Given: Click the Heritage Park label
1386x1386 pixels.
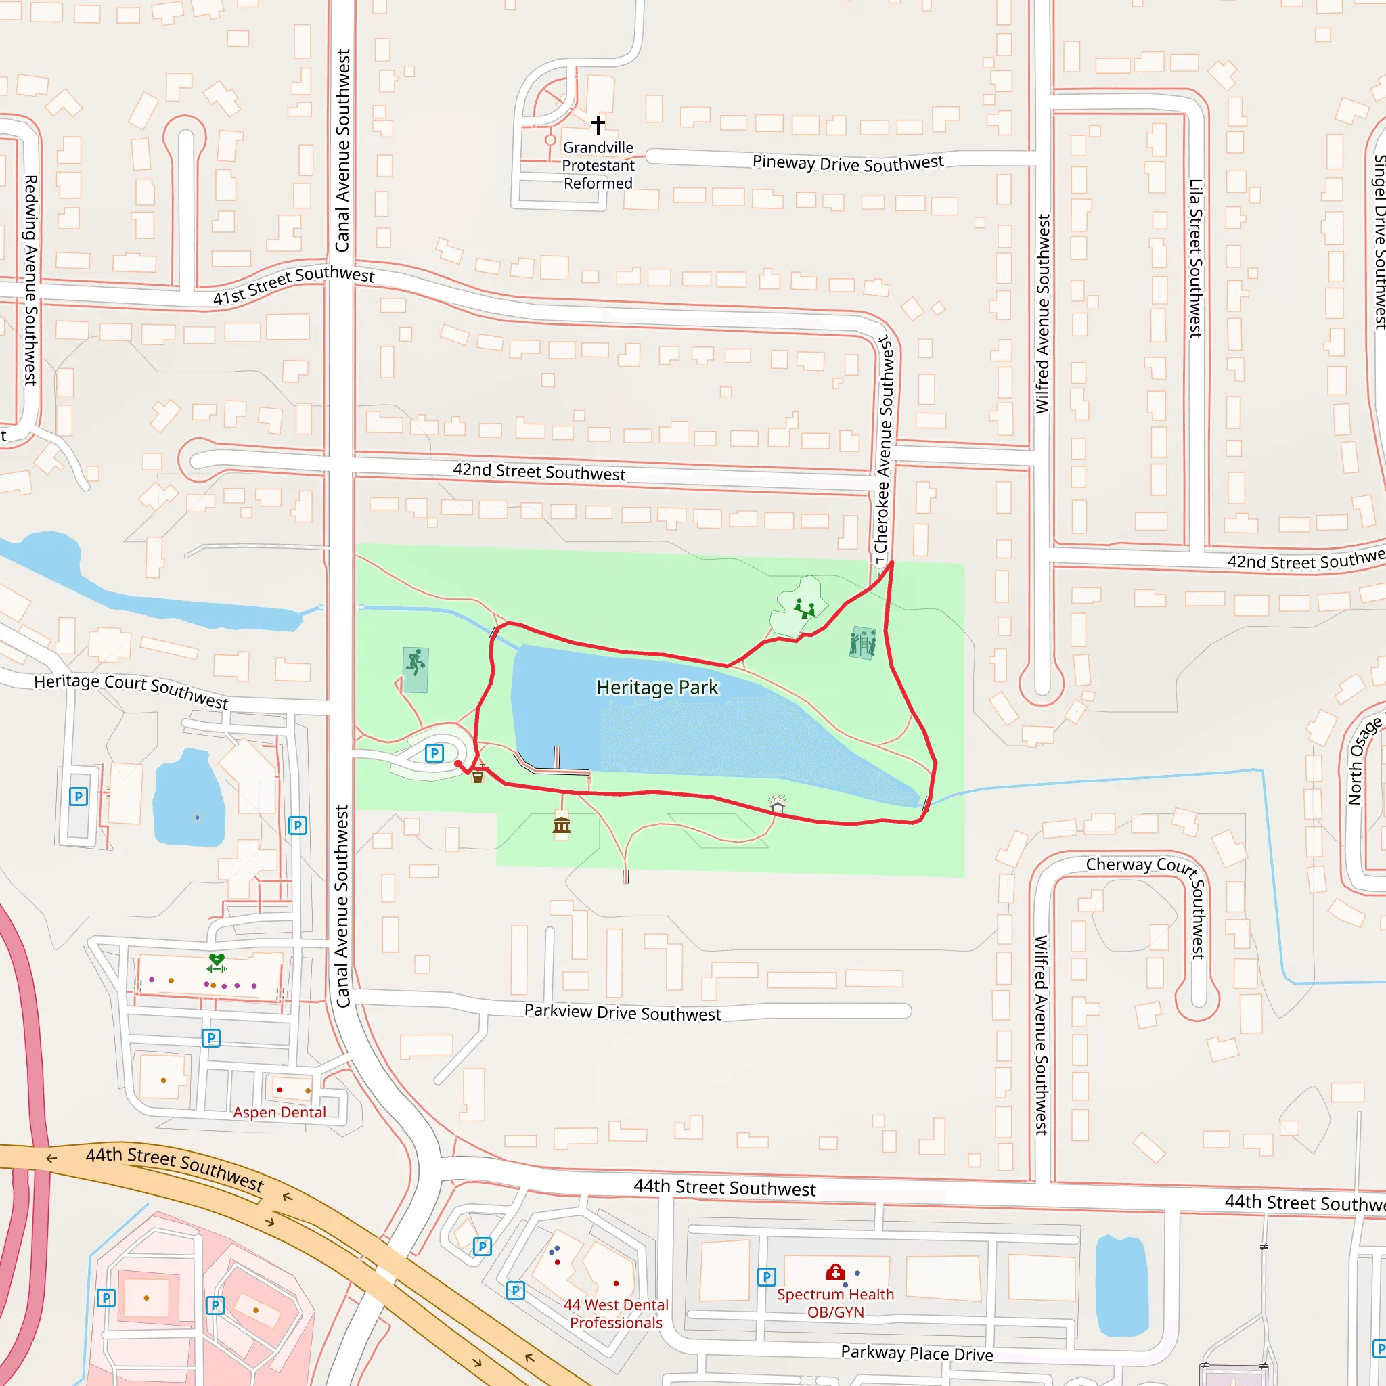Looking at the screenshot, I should pos(656,688).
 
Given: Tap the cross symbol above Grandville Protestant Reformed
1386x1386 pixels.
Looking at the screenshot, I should pos(598,125).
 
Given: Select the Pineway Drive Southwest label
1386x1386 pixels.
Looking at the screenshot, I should pos(847,163).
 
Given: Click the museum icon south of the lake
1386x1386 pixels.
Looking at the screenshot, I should pos(562,826).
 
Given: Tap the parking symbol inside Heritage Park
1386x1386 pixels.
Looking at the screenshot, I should pos(434,753).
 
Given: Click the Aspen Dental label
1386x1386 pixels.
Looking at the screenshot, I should pos(279,1112).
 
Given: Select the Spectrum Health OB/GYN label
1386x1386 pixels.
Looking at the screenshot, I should pos(835,1303).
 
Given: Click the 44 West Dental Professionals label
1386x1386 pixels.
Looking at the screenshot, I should pos(616,1314).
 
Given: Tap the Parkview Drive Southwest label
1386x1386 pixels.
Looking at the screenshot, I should pos(622,1012).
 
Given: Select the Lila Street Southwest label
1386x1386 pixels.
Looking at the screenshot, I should pos(1195,259).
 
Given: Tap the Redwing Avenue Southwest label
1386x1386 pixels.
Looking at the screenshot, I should pos(30,280).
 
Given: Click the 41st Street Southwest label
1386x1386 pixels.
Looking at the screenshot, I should pos(294,284).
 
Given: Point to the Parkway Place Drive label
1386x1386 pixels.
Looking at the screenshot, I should pos(917,1353).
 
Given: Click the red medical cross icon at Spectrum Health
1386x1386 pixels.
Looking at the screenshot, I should pos(835,1272).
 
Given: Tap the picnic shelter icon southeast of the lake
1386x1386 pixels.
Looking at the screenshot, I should pos(777,804).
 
